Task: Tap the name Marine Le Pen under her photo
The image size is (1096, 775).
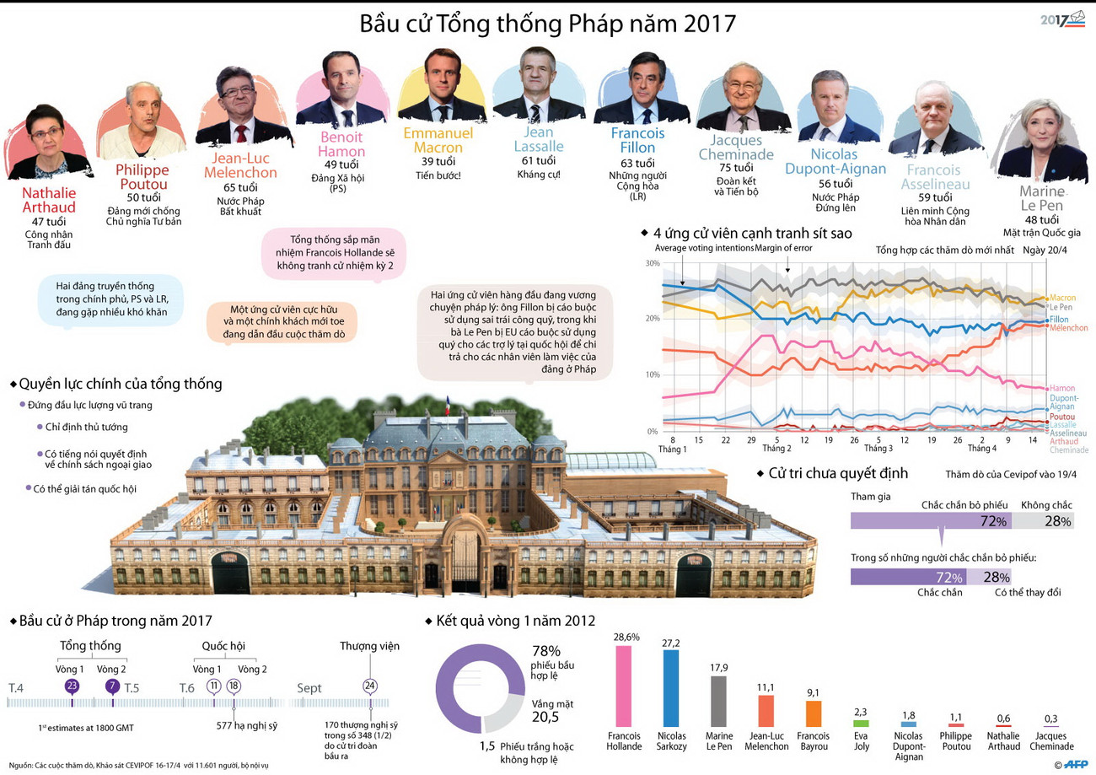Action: (1042, 197)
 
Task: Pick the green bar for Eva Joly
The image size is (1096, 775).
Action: (861, 723)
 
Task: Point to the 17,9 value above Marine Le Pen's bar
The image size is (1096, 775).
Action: (719, 669)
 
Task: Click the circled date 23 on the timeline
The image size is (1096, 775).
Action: (72, 686)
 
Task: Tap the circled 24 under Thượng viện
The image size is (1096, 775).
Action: (369, 686)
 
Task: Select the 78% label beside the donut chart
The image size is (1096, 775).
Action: (545, 651)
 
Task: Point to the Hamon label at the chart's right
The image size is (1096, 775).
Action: (1062, 388)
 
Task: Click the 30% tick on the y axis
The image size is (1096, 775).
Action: (652, 264)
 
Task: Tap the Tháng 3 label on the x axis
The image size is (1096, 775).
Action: (878, 449)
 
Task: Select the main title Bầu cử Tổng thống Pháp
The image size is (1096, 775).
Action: (548, 23)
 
